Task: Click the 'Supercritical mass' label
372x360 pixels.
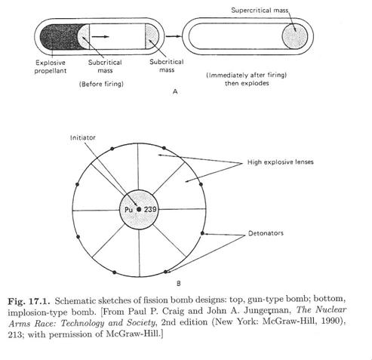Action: click(260, 11)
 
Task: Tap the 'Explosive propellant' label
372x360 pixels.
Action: click(51, 66)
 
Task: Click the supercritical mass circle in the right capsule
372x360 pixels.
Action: click(295, 36)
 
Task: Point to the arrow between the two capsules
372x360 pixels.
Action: click(174, 36)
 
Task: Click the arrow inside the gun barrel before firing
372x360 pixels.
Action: click(100, 37)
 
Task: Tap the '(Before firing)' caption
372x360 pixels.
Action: click(101, 84)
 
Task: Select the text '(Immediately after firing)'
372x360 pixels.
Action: click(247, 75)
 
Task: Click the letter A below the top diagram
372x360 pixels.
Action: click(175, 92)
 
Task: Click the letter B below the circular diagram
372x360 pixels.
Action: click(179, 284)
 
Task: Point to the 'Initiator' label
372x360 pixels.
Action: click(83, 137)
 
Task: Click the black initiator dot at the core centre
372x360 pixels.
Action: click(139, 209)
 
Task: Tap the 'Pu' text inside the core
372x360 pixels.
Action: click(128, 209)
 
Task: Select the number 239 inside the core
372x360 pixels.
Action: click(150, 209)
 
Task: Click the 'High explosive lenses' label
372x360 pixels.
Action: click(281, 162)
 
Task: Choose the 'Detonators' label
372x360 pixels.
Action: click(266, 233)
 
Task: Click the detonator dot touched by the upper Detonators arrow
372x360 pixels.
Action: click(202, 233)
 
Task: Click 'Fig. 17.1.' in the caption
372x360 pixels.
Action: click(29, 301)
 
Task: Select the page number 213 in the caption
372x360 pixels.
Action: click(14, 334)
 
